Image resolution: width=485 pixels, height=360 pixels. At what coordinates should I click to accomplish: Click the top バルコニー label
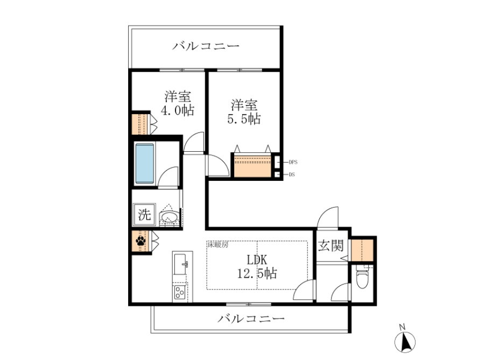[206, 46]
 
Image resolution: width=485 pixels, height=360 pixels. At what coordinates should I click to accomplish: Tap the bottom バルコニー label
[251, 318]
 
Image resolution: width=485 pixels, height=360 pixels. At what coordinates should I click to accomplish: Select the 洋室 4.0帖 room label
[178, 103]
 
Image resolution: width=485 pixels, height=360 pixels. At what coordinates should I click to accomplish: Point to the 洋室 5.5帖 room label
[244, 112]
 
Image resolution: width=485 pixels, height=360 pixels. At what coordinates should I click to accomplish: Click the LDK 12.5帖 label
[257, 266]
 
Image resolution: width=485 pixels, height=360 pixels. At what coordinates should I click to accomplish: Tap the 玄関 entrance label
[331, 245]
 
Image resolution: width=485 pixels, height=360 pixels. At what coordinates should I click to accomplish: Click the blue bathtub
[145, 163]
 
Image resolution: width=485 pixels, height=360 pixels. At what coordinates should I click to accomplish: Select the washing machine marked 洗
[144, 214]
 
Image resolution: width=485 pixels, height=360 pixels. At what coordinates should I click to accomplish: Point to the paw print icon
[140, 241]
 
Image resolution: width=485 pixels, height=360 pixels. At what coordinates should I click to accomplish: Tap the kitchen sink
[181, 264]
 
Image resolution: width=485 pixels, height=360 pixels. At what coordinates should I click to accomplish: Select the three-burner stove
[179, 292]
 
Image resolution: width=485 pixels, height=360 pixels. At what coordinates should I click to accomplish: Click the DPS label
[293, 162]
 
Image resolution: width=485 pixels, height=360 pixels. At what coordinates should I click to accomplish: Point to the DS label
[292, 174]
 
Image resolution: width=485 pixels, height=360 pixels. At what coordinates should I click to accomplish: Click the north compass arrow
[405, 341]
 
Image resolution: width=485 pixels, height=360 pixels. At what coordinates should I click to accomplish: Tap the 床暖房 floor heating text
[217, 245]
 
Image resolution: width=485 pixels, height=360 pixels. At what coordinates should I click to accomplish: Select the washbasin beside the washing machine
[168, 216]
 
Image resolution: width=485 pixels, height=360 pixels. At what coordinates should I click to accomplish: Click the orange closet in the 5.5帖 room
[252, 166]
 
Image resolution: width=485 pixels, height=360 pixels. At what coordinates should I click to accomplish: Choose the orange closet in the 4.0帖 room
[140, 124]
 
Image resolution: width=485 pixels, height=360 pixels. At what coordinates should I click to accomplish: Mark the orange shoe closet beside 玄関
[362, 250]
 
